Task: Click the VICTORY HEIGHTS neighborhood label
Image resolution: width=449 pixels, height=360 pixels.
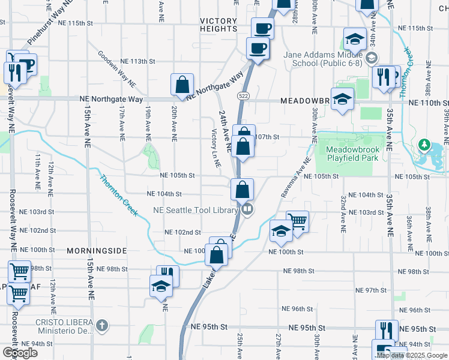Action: click(x=218, y=25)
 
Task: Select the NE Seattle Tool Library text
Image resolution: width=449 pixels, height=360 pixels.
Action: click(x=196, y=210)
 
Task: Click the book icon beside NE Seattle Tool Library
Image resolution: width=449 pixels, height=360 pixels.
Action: click(x=247, y=209)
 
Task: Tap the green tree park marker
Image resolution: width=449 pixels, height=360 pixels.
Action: click(x=424, y=145)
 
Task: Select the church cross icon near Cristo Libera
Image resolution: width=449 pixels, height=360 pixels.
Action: click(x=102, y=325)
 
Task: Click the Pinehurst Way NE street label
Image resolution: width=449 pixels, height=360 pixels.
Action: click(x=51, y=24)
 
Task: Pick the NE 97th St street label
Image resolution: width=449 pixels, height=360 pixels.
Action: click(x=371, y=290)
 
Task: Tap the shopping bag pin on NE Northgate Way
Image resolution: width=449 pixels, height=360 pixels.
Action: click(x=182, y=85)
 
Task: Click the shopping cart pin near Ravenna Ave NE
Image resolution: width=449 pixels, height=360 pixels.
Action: click(x=297, y=220)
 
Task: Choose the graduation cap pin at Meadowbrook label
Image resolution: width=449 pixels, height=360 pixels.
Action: click(x=342, y=98)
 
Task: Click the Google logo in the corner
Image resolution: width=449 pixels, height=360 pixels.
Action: click(x=19, y=353)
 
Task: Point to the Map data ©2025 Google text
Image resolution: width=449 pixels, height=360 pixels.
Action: click(x=411, y=355)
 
